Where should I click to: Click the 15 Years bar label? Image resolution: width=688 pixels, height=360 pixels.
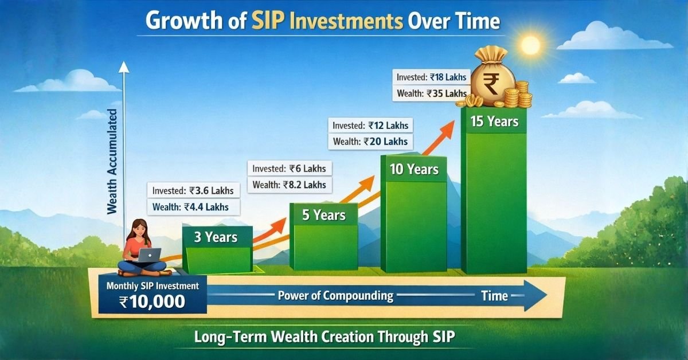pyautogui.click(x=494, y=122)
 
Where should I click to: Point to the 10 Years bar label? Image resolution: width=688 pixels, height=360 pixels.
pyautogui.click(x=414, y=169)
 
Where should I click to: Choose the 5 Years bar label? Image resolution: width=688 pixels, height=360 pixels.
pyautogui.click(x=324, y=215)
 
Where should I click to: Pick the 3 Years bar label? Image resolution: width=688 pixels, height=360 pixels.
pyautogui.click(x=216, y=237)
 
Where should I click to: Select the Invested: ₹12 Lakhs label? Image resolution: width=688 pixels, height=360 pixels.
pyautogui.click(x=370, y=126)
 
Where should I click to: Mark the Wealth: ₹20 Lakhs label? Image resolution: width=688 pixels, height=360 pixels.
pyautogui.click(x=370, y=142)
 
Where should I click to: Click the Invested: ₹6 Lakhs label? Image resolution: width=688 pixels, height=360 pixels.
pyautogui.click(x=289, y=169)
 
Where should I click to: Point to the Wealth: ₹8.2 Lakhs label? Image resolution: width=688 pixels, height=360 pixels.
pyautogui.click(x=289, y=185)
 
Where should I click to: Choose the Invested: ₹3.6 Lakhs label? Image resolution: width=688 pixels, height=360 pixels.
pyautogui.click(x=193, y=191)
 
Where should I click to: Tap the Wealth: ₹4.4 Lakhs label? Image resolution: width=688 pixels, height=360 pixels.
pyautogui.click(x=193, y=207)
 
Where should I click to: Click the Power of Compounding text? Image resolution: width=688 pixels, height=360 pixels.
pyautogui.click(x=335, y=296)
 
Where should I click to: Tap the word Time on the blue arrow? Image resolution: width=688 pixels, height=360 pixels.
pyautogui.click(x=494, y=296)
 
